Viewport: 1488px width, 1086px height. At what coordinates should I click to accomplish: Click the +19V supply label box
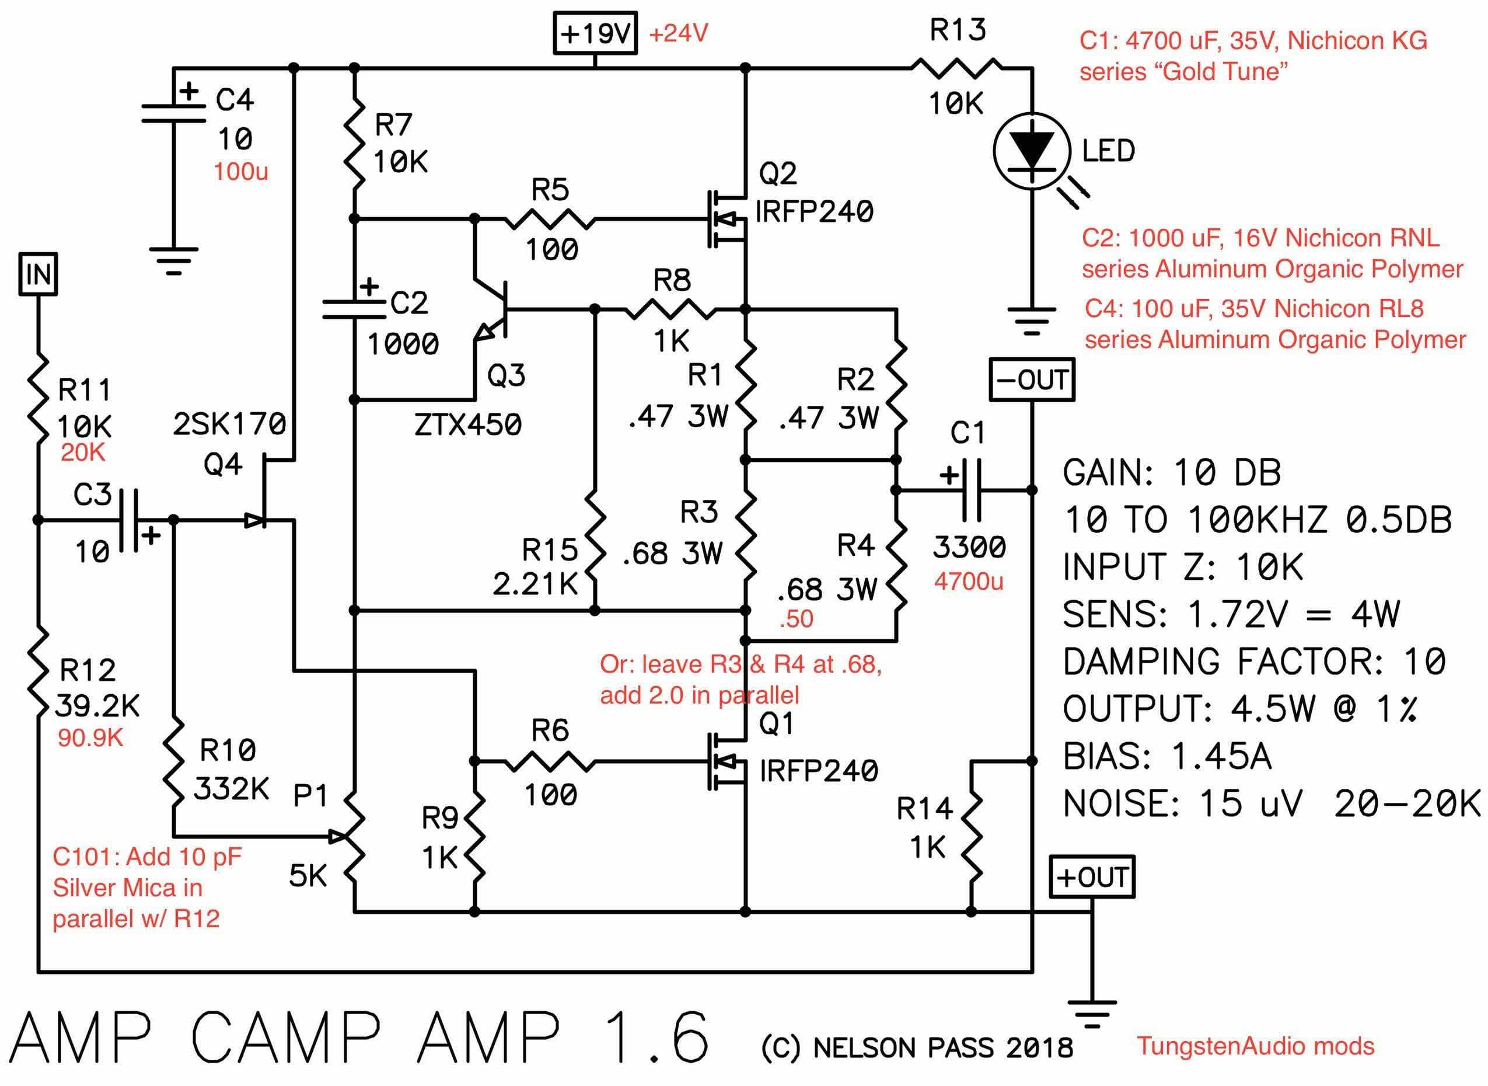595,33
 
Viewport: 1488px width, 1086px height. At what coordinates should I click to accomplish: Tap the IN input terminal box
37,274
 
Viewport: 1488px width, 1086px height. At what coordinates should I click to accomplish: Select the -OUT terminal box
1032,380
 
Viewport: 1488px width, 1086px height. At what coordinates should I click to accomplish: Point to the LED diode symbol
1032,152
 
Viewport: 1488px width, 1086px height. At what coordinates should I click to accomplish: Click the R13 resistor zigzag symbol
956,67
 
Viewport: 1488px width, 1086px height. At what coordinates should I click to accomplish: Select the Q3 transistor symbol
490,309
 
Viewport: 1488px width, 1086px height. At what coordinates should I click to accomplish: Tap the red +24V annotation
679,33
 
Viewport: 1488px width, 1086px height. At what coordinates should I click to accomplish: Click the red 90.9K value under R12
90,738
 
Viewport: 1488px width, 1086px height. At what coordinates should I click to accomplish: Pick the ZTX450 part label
468,424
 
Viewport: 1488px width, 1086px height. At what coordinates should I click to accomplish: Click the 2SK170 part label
229,424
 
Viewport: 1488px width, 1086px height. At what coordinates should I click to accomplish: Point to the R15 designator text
550,549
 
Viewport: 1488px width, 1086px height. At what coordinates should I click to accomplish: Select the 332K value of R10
231,789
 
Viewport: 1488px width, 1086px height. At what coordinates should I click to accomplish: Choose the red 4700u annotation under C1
969,581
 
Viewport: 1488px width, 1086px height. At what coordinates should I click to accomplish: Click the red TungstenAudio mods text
1255,1046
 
